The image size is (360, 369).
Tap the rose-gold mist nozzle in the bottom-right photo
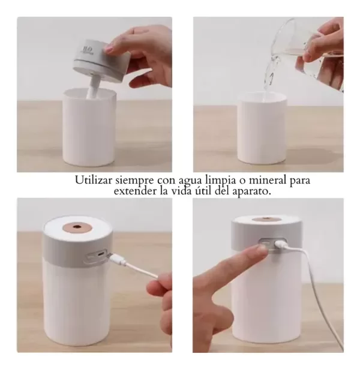point(266,220)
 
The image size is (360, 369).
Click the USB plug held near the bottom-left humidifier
point(117,260)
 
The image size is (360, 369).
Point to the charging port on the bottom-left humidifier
point(101,254)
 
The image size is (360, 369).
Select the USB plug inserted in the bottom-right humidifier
point(280,245)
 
